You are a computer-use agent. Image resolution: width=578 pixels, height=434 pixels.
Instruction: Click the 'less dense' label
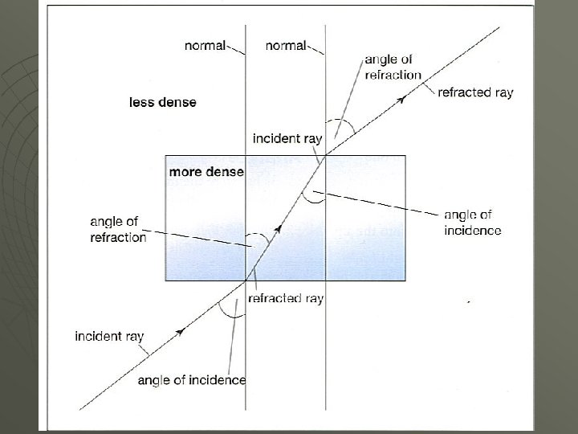tap(162, 102)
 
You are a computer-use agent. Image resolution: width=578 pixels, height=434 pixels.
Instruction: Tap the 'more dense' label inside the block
tap(206, 173)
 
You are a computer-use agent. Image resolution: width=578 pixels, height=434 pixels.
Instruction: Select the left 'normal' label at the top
tap(205, 47)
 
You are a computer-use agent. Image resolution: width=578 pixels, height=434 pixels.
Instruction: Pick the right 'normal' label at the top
tap(285, 47)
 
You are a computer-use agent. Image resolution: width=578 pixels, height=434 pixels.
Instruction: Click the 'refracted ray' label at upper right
tap(475, 92)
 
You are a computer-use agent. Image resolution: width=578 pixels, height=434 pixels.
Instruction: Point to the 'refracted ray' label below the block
tap(286, 298)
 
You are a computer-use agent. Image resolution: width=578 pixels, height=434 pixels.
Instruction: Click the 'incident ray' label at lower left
tap(108, 335)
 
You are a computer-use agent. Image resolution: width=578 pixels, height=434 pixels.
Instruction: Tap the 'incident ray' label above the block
tap(287, 138)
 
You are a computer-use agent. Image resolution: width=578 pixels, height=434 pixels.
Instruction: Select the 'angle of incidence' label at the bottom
tap(192, 379)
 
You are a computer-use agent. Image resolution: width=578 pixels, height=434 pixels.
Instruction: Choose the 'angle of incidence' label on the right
tap(473, 223)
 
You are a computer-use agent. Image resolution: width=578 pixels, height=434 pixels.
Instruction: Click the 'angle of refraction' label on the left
tap(118, 229)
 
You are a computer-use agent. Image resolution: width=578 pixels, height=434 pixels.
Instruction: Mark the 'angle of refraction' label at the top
tap(393, 67)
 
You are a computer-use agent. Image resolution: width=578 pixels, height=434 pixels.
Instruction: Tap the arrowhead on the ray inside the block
tap(278, 228)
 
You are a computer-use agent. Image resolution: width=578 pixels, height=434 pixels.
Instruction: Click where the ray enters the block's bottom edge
tap(246, 281)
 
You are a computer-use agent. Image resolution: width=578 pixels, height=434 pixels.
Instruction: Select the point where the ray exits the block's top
tap(324, 156)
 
